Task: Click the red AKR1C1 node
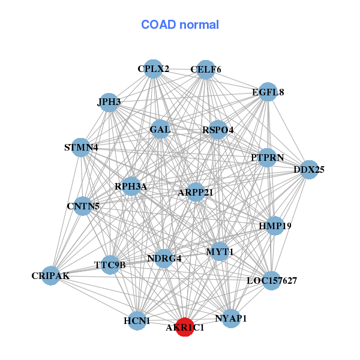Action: [x=185, y=327]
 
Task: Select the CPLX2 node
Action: [x=153, y=68]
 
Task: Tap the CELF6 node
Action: [x=206, y=70]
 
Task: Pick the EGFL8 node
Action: [x=268, y=92]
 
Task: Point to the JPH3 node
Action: [x=109, y=103]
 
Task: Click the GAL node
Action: [x=160, y=129]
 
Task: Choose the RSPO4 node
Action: [x=218, y=130]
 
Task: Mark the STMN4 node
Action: [x=81, y=148]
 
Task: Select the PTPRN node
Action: [x=267, y=157]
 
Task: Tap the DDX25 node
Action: [x=309, y=170]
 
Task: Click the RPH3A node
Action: [x=131, y=186]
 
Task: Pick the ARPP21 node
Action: [x=196, y=192]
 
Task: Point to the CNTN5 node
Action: [x=83, y=206]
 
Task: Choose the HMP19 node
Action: [x=275, y=226]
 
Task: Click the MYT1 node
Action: [x=220, y=251]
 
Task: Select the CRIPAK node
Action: [x=51, y=275]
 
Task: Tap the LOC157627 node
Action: [x=272, y=281]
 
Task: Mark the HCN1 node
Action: [x=137, y=321]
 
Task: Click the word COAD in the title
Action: [x=158, y=25]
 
